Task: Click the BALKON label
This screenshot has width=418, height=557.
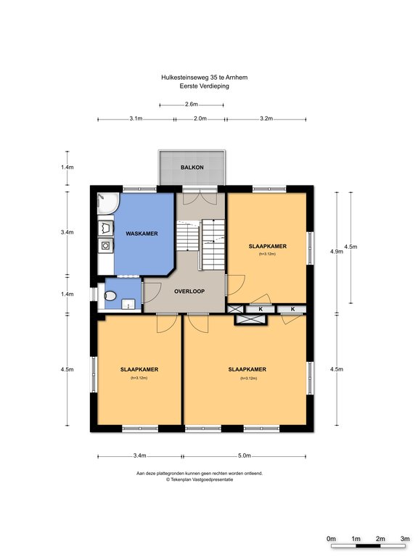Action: [192, 168]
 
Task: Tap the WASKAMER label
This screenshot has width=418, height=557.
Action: [142, 234]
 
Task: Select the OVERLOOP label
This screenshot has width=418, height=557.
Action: [189, 292]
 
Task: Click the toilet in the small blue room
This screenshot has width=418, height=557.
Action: [110, 296]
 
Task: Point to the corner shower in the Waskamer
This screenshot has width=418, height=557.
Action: [107, 203]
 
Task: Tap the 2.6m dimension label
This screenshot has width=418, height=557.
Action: [192, 104]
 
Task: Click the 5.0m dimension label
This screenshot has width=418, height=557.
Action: [244, 455]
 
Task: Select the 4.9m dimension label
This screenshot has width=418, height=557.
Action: [337, 252]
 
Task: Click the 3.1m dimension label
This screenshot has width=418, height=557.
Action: [136, 119]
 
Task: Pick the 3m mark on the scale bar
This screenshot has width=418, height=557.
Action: [405, 539]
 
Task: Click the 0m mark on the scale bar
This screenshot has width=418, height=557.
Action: [331, 539]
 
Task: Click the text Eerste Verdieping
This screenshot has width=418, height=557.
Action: [205, 86]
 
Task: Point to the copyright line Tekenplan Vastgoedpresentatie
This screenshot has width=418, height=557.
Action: [200, 479]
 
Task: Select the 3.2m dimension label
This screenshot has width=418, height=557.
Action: [266, 119]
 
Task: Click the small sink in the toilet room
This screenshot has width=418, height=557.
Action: [128, 304]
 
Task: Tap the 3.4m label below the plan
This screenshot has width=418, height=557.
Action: [139, 455]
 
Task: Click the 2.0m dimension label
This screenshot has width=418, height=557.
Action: [200, 119]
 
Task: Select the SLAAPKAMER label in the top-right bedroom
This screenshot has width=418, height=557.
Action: [268, 246]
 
